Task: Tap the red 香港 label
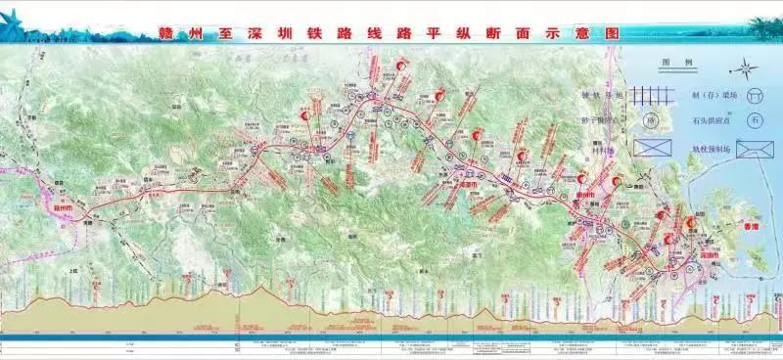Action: (x=751, y=224)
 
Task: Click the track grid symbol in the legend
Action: (x=650, y=96)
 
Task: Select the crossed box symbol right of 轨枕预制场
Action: (x=755, y=149)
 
